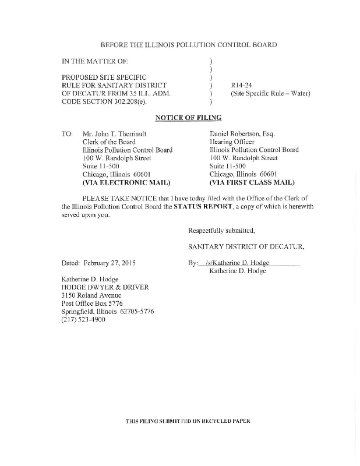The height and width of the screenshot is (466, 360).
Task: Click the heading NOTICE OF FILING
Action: pyautogui.click(x=188, y=118)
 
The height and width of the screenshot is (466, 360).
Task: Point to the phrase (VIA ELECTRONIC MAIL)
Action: pyautogui.click(x=122, y=182)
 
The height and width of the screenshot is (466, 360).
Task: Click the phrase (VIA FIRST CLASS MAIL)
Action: pyautogui.click(x=252, y=182)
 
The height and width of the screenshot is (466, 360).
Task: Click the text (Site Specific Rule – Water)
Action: pyautogui.click(x=270, y=93)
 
